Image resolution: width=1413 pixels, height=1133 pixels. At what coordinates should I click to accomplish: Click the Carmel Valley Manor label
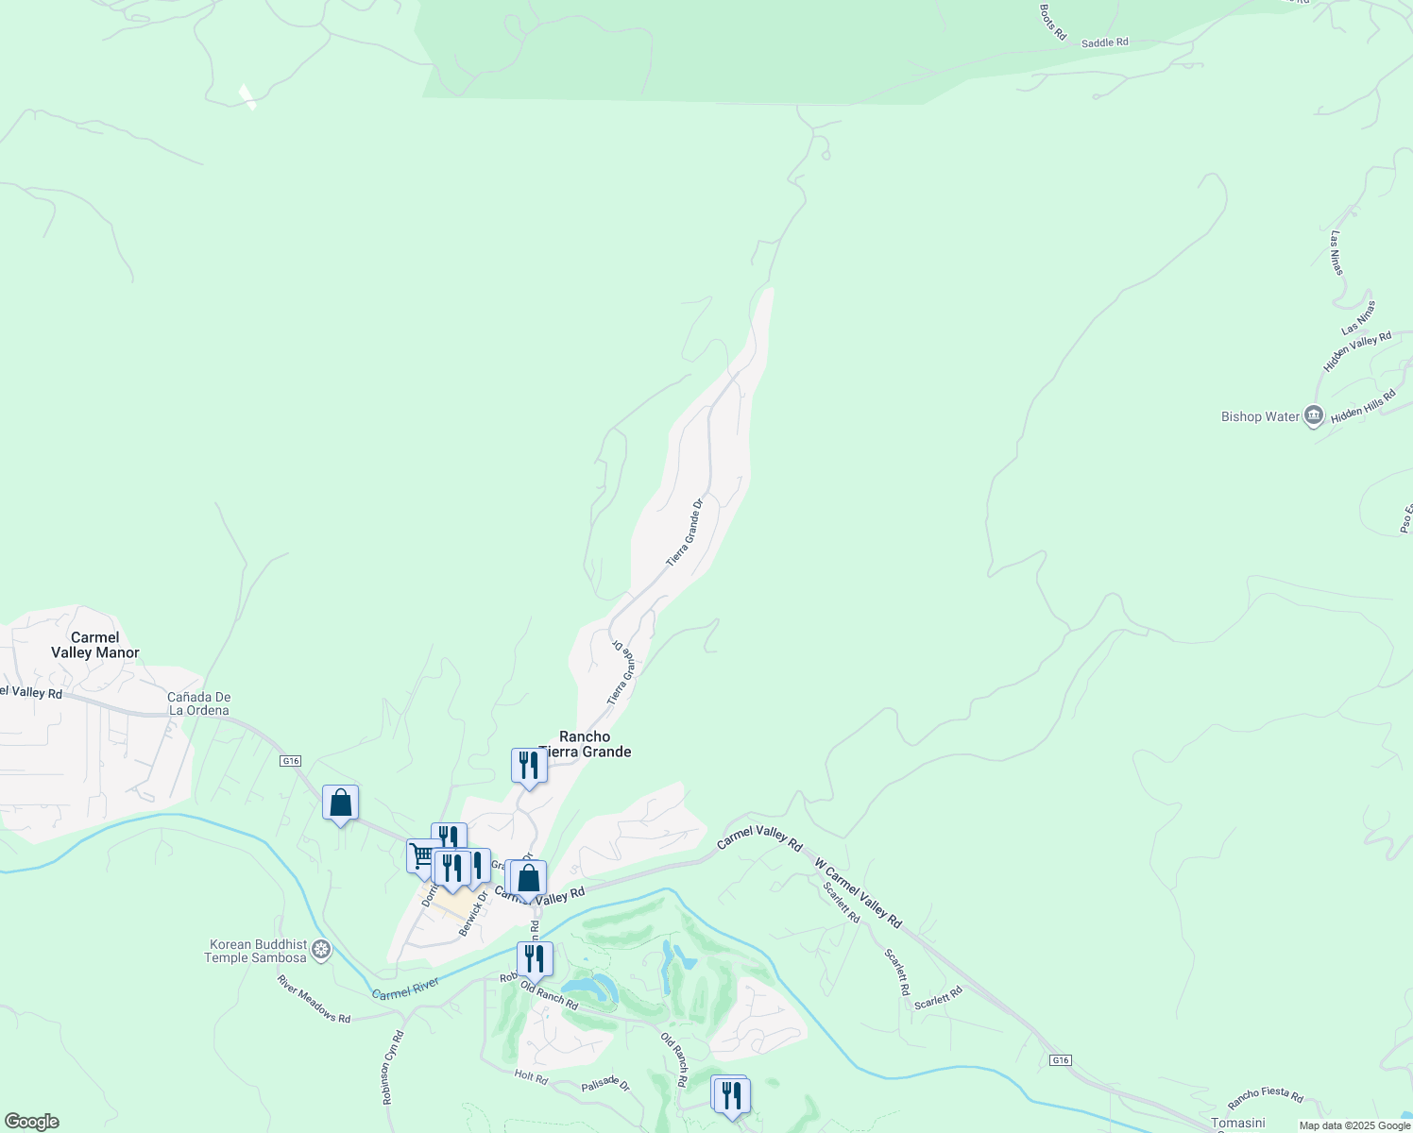(95, 646)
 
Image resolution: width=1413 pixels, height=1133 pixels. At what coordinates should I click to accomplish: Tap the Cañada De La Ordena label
(199, 703)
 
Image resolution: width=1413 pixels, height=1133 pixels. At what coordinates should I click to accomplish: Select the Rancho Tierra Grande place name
(586, 744)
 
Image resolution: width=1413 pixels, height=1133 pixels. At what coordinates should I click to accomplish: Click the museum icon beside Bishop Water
(1314, 415)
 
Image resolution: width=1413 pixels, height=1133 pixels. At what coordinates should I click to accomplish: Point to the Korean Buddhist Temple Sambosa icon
(322, 949)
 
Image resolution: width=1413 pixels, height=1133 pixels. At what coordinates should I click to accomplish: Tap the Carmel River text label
(405, 989)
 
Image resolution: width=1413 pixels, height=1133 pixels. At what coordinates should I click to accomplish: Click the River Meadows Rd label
(314, 999)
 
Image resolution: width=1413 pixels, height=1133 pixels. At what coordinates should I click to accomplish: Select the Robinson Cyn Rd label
(393, 1067)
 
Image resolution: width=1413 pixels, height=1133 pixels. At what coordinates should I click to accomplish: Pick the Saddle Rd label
(1104, 42)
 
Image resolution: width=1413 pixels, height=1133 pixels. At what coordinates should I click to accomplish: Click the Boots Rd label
(1052, 22)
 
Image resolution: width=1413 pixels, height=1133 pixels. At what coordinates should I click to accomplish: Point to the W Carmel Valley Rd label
(858, 892)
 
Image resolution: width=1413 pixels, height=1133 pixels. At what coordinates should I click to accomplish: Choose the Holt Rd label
(531, 1076)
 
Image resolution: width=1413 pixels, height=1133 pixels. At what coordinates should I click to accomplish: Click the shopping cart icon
(421, 855)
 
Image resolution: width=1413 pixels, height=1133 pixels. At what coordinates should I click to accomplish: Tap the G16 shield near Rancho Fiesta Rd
(1061, 1060)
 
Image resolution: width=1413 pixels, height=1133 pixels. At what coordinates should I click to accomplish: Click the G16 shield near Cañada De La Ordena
(290, 760)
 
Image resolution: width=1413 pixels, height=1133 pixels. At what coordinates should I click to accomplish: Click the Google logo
(30, 1122)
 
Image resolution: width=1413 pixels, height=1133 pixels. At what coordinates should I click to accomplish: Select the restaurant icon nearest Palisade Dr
(731, 1095)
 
